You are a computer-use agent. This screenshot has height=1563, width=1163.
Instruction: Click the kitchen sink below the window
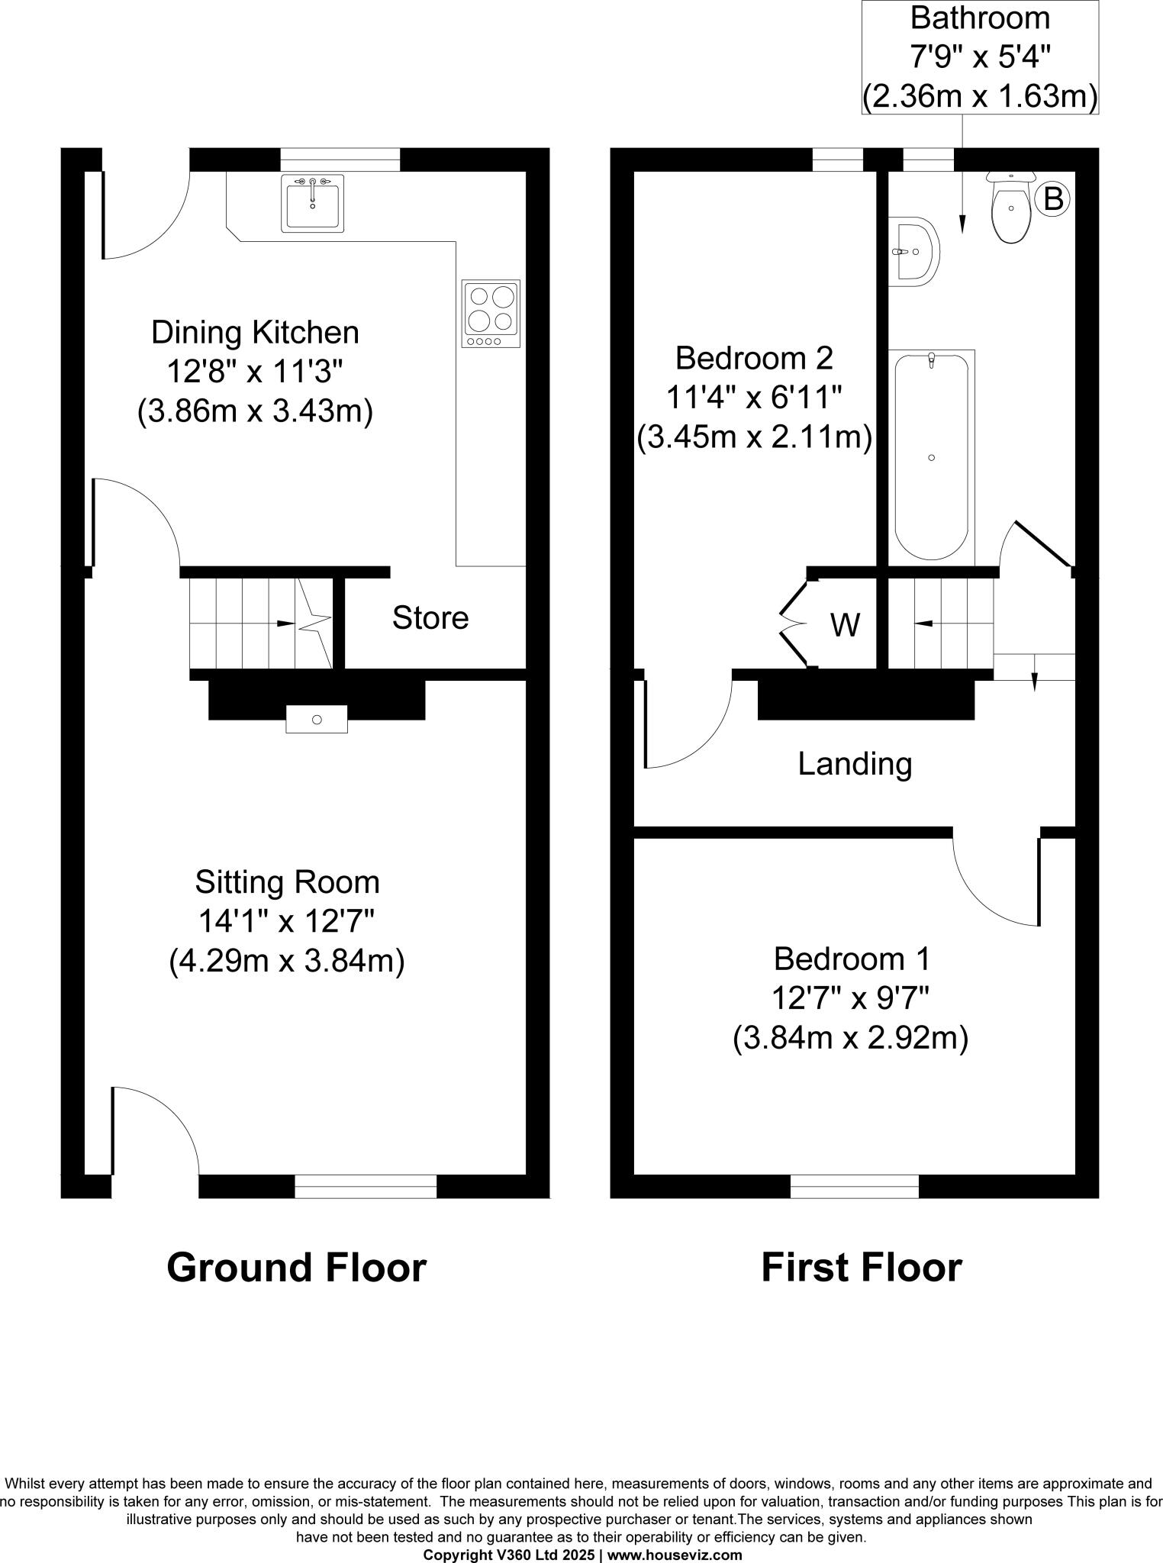[x=313, y=203]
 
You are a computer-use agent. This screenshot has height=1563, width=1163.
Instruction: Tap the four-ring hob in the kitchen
[x=491, y=314]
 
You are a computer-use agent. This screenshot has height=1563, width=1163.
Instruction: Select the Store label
[x=430, y=617]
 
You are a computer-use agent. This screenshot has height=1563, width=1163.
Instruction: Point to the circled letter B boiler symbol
[x=1053, y=199]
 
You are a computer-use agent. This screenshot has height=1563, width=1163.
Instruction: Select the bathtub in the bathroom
[x=931, y=456]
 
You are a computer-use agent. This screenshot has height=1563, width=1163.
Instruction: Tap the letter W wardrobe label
[x=845, y=625]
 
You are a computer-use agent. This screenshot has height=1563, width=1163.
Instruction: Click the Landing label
[x=855, y=763]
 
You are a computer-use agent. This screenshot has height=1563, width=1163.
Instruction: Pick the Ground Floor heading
[x=296, y=1268]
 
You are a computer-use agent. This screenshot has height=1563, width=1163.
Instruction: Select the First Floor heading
[x=861, y=1268]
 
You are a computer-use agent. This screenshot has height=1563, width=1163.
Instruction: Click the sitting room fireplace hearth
[x=317, y=719]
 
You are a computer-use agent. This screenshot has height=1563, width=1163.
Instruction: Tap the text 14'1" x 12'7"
[x=286, y=922]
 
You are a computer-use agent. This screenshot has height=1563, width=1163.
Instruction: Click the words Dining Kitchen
[x=255, y=333]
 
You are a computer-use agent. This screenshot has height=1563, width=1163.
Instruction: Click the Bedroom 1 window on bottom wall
[x=855, y=1186]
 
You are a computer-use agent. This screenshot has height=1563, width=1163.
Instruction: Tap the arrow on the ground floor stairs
[x=285, y=624]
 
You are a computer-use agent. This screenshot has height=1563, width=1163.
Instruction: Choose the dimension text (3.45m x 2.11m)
[x=754, y=438]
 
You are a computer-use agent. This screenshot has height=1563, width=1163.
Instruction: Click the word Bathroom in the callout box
[x=980, y=17]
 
